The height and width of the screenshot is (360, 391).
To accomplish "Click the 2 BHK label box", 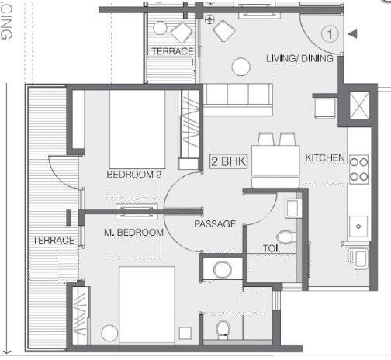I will (224, 162).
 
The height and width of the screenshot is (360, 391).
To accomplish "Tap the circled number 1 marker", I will (330, 34).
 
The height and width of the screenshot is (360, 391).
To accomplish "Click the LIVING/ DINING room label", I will (300, 59).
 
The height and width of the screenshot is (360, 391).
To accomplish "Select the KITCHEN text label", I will (325, 157).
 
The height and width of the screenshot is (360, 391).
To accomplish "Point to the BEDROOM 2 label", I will (133, 175).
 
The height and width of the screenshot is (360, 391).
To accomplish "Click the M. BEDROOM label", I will (134, 232).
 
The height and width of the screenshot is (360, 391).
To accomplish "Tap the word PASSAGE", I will (215, 223).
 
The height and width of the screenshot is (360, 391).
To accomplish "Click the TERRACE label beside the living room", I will (172, 51).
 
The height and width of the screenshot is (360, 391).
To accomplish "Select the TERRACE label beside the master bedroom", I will (54, 241).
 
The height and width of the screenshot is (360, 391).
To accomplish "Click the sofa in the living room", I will (238, 99).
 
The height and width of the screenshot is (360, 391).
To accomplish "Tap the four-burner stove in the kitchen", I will (358, 169).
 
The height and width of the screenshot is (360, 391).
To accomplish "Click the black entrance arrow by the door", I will (353, 34).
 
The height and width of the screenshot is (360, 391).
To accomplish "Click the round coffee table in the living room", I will (241, 65).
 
